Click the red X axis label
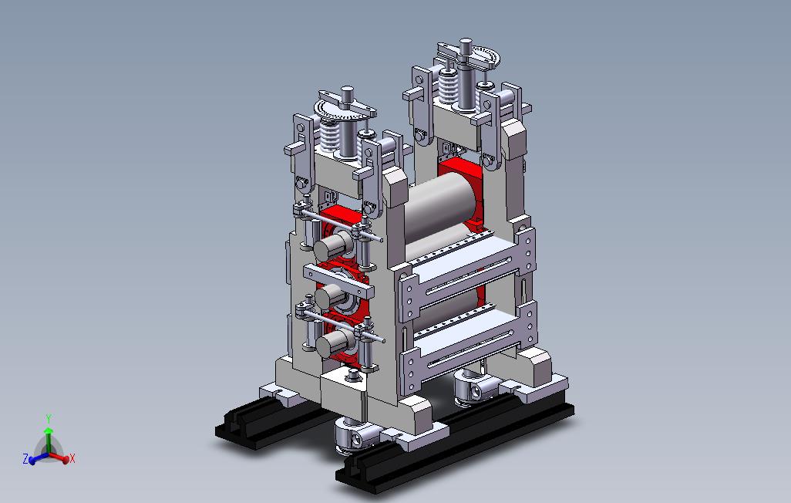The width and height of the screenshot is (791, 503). point(72,458)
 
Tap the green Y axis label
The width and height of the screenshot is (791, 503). point(49,419)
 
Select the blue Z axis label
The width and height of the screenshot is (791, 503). point(25,458)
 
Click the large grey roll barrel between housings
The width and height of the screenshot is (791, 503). point(440,207)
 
